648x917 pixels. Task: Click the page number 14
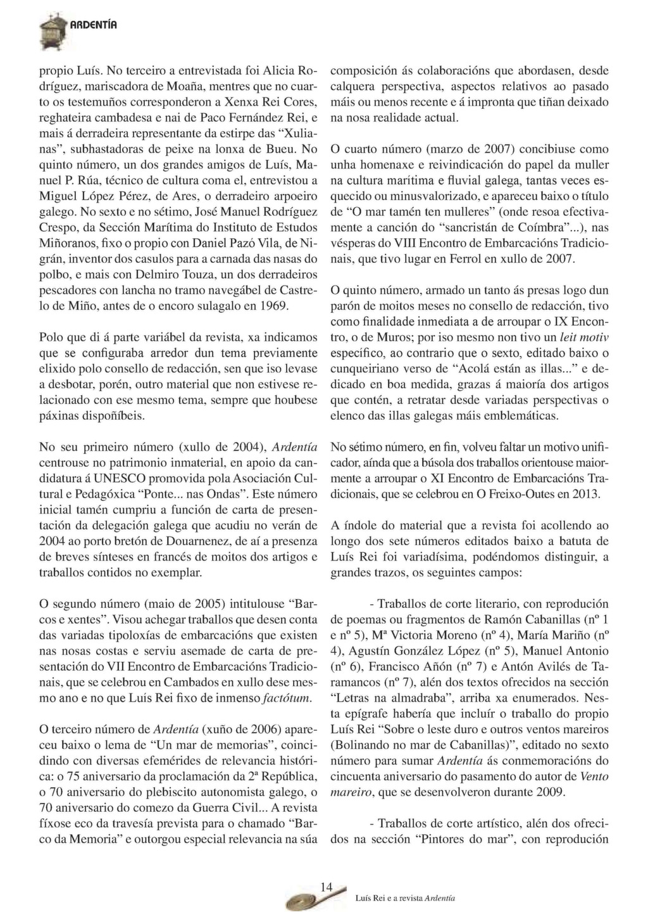(326, 887)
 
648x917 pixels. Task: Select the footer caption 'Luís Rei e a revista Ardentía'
(405, 899)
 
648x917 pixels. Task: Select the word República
(285, 777)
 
